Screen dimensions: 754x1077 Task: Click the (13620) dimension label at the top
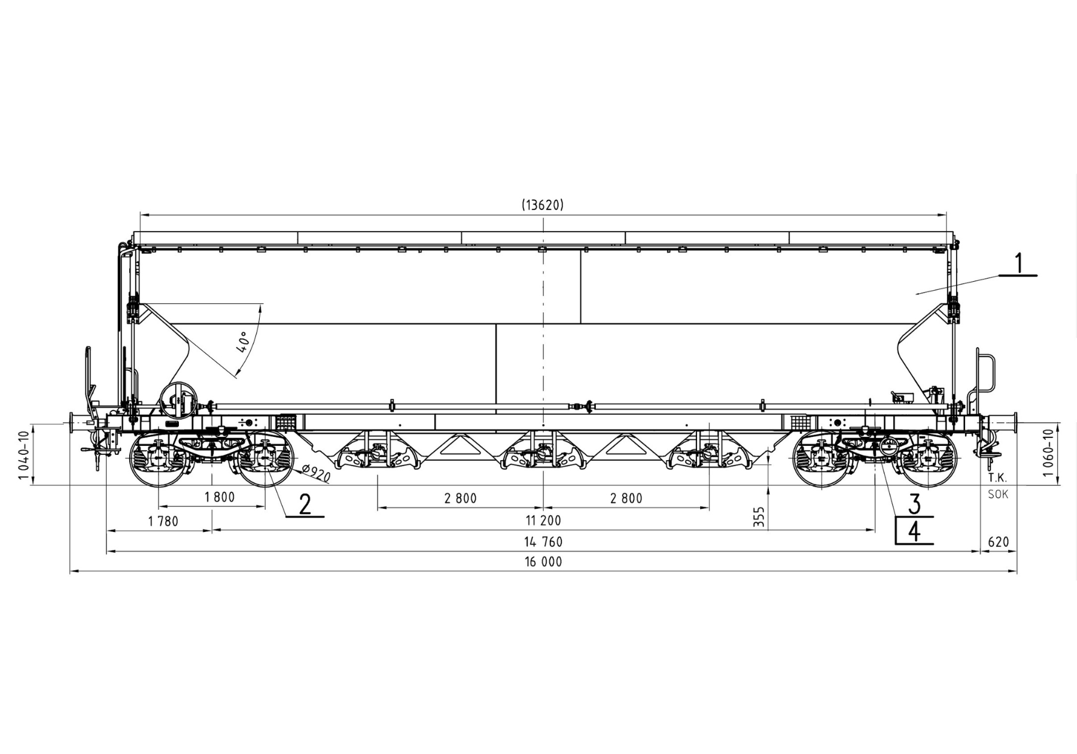[543, 205]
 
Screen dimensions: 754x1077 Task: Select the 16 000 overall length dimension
[543, 562]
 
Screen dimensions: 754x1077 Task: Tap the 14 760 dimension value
[543, 542]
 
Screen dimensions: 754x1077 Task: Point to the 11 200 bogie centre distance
[543, 521]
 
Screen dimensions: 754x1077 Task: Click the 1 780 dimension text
[163, 522]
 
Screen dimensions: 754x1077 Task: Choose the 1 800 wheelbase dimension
[220, 497]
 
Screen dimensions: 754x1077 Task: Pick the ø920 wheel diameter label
[316, 473]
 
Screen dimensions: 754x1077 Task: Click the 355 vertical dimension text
[759, 517]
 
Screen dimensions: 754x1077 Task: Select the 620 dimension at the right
[998, 542]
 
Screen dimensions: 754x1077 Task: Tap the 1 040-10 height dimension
[23, 455]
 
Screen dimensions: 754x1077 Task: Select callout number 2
[305, 504]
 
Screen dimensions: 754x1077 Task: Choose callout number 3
[914, 504]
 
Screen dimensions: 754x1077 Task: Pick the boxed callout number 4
[914, 531]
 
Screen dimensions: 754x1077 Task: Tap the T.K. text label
[997, 478]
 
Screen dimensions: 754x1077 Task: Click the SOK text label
[998, 494]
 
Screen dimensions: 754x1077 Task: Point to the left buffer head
[72, 424]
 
